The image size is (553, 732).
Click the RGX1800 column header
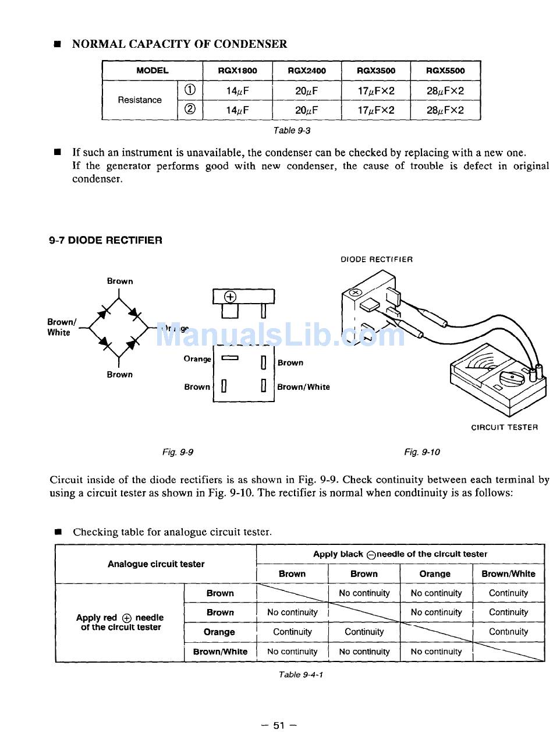(x=237, y=71)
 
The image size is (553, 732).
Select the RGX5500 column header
(x=445, y=71)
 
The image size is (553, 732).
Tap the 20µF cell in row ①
(x=306, y=90)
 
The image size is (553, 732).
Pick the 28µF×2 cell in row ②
(x=445, y=110)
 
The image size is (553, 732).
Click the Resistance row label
(x=140, y=100)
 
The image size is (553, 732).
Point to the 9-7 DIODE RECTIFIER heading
(x=105, y=240)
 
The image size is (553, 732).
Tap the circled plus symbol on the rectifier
(x=231, y=297)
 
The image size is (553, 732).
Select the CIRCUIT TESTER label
(x=504, y=427)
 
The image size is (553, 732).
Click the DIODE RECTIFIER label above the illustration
(x=377, y=259)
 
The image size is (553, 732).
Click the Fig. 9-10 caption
(x=422, y=452)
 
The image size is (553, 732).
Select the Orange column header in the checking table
(x=435, y=573)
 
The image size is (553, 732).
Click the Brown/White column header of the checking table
(x=508, y=573)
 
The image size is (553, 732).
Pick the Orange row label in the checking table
(x=219, y=632)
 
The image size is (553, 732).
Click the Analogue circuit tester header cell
(x=156, y=564)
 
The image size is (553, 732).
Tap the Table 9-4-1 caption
(x=301, y=674)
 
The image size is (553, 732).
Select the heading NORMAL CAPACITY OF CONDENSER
(x=179, y=44)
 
